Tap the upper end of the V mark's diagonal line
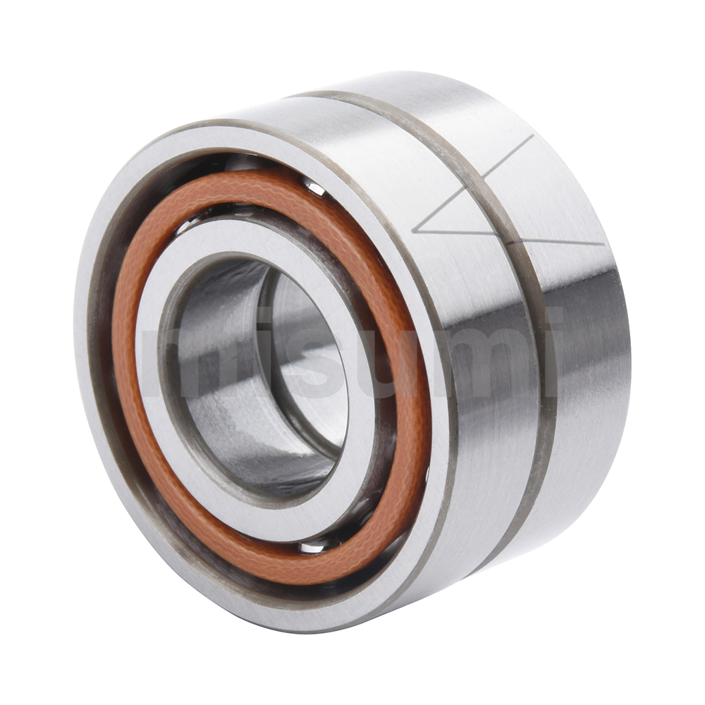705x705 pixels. [532, 136]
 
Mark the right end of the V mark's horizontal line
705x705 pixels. [603, 244]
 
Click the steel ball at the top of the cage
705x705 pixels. [314, 188]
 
